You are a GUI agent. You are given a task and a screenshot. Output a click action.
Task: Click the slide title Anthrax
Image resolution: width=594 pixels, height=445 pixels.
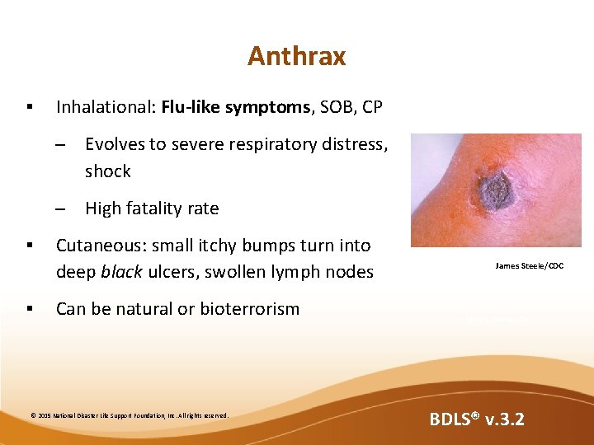click(296, 56)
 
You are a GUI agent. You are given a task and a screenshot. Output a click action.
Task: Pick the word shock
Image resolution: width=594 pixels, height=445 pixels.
click(107, 171)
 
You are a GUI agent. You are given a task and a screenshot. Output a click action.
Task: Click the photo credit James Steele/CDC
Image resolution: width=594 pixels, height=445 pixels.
click(530, 265)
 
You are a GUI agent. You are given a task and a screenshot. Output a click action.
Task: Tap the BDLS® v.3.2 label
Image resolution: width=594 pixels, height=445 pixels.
click(476, 420)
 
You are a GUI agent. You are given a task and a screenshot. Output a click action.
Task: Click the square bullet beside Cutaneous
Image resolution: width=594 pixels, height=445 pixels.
click(29, 246)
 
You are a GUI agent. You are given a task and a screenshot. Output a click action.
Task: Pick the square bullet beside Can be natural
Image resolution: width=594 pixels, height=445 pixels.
click(29, 309)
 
